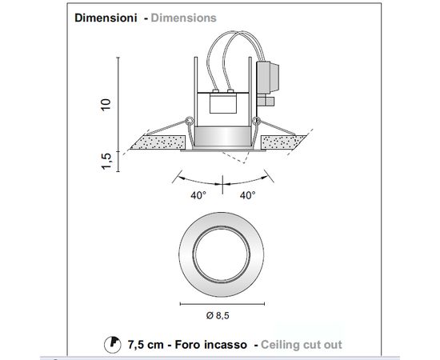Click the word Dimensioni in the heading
(106, 18)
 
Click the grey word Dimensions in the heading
(183, 18)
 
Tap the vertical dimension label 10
(106, 105)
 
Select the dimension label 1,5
(106, 161)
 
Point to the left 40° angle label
(198, 195)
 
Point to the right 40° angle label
(248, 195)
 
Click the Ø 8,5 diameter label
(218, 315)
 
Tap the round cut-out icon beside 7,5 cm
(113, 344)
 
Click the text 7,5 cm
(146, 345)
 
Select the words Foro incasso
(210, 345)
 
